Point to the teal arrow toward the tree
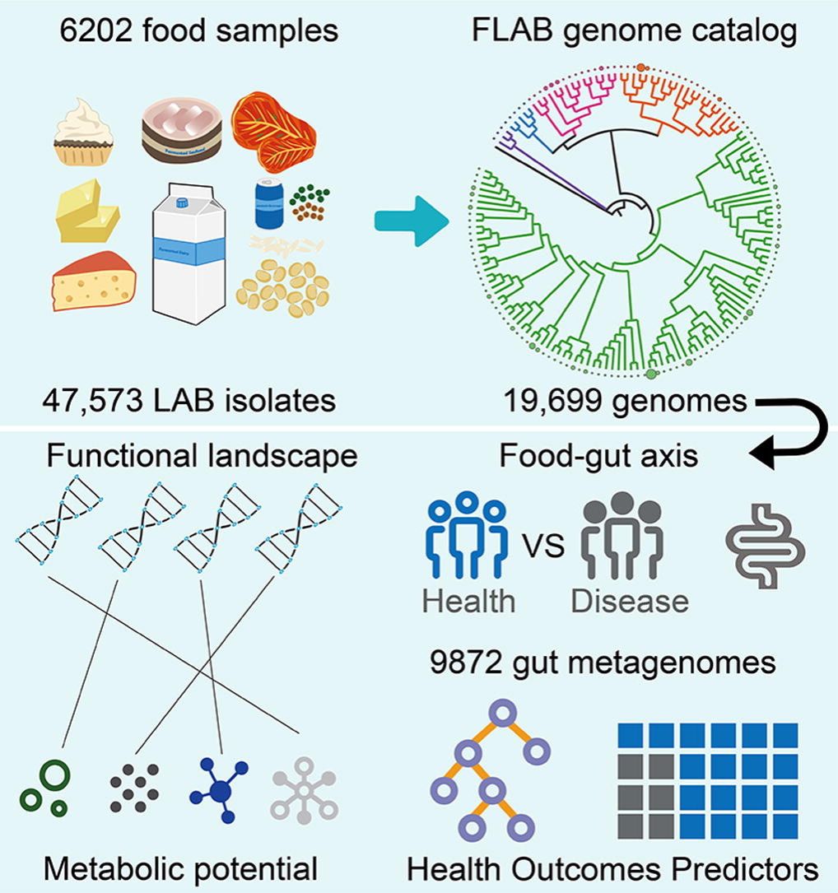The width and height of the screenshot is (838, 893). [410, 221]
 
